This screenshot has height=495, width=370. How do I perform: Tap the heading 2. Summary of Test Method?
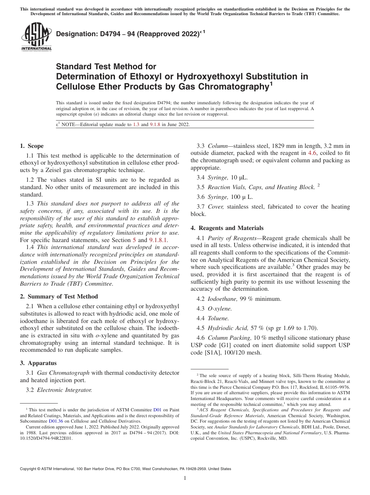pos(59,296)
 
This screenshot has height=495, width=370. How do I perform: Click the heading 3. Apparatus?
pos(38,363)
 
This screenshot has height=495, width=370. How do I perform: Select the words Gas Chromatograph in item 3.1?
pos(63,373)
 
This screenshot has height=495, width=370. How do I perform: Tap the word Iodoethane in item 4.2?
pos(220,298)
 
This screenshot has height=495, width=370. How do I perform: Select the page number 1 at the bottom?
pos(185,478)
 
